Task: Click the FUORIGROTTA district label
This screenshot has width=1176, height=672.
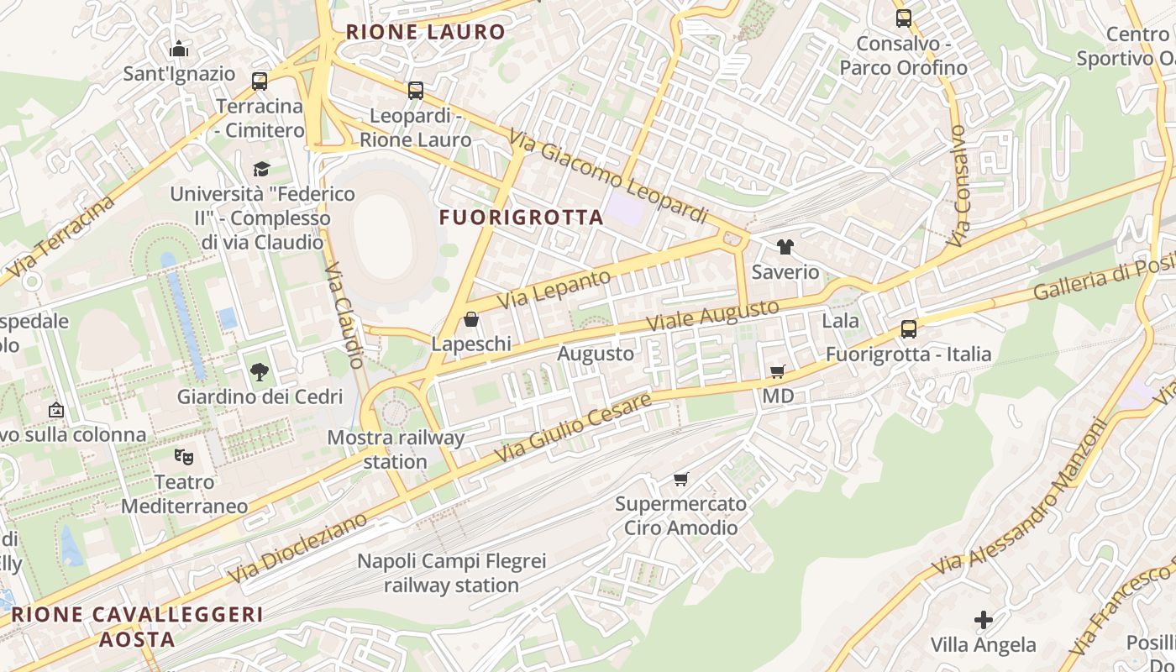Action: pyautogui.click(x=521, y=218)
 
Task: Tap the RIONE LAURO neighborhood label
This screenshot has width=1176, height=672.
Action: pyautogui.click(x=426, y=33)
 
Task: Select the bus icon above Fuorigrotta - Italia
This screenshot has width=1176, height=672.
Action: pyautogui.click(x=908, y=329)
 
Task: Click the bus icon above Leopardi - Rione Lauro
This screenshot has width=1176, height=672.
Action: pyautogui.click(x=415, y=91)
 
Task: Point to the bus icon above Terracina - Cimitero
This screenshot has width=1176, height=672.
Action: pyautogui.click(x=260, y=81)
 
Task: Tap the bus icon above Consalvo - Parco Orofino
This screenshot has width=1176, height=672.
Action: pyautogui.click(x=903, y=18)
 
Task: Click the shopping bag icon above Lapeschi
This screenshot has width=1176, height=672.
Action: pyautogui.click(x=471, y=319)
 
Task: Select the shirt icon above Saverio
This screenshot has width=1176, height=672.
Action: pyautogui.click(x=785, y=247)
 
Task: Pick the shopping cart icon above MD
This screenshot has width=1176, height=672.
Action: pyautogui.click(x=778, y=371)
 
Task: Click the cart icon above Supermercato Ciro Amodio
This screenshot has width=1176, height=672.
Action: pyautogui.click(x=680, y=480)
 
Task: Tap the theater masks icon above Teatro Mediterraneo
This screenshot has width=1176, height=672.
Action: pyautogui.click(x=184, y=457)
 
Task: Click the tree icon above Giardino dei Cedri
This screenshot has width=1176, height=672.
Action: pyautogui.click(x=260, y=371)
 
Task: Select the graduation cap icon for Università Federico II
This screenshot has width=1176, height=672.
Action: pyautogui.click(x=262, y=169)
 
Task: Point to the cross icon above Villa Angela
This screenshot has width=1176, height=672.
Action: pyautogui.click(x=983, y=621)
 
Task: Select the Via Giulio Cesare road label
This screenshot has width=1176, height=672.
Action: pyautogui.click(x=573, y=428)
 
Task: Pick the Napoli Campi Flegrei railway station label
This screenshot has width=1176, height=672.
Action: pyautogui.click(x=451, y=573)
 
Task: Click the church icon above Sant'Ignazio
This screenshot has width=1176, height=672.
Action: pyautogui.click(x=178, y=50)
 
